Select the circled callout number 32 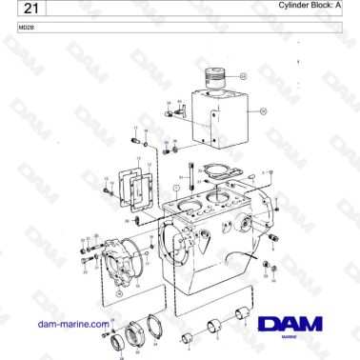pyautogui.click(x=264, y=111)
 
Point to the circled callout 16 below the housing pyautogui.click(x=118, y=295)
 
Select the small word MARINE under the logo pyautogui.click(x=293, y=337)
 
